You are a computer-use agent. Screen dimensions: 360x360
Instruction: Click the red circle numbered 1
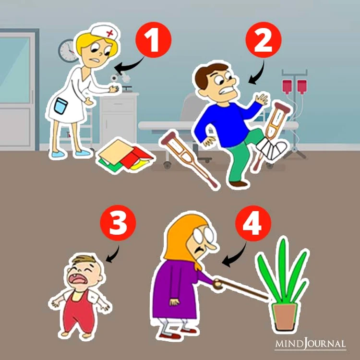coord(154,40)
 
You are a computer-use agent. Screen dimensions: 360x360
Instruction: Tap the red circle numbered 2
coord(264,40)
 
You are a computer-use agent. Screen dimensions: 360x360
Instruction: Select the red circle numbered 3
coord(118,223)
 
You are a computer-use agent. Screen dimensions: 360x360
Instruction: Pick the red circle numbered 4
coord(253,223)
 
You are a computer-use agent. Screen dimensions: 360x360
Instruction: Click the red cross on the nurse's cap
coord(110,34)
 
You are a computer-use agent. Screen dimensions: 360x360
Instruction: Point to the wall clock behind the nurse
coord(68,50)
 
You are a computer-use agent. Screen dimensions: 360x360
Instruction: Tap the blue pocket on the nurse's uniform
coord(60,106)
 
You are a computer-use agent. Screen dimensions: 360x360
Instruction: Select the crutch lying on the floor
coord(190,159)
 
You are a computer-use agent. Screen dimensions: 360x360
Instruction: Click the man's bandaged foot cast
coord(272,148)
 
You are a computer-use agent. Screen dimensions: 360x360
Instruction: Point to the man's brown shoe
coord(238,184)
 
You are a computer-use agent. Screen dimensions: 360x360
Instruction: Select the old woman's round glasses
coord(203,234)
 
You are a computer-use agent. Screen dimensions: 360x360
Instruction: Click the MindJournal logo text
coord(311,344)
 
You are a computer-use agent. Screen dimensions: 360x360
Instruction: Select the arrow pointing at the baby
coord(114,254)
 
